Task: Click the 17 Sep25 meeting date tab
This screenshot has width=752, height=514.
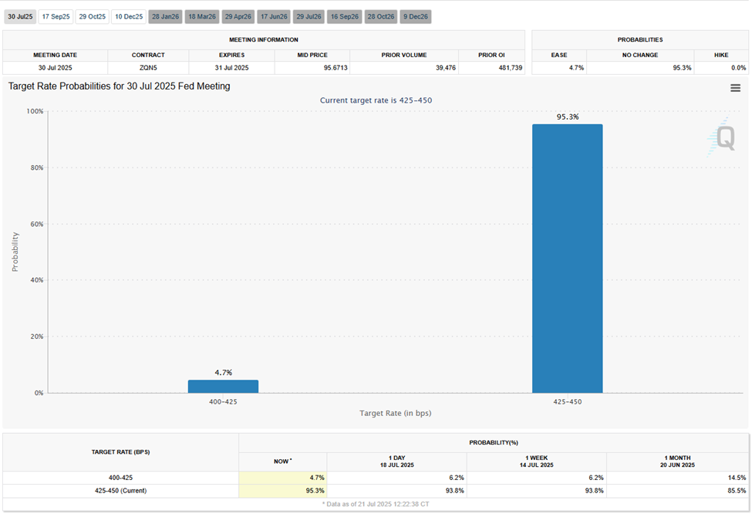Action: point(56,16)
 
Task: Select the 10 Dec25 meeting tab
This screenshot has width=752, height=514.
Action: point(128,16)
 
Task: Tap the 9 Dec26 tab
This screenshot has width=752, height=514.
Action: point(416,16)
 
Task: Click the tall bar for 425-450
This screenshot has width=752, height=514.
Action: point(567,259)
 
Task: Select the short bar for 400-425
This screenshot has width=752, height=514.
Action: point(223,386)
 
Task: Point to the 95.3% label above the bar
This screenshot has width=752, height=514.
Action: point(567,117)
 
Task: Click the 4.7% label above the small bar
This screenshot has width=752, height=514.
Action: point(223,372)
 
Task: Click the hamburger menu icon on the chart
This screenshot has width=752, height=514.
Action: point(735,88)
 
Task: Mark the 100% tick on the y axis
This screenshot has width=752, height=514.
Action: point(35,111)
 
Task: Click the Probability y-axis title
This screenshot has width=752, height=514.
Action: point(15,252)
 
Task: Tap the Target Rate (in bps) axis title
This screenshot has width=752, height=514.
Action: point(395,413)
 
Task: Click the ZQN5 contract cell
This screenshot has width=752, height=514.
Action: point(148,68)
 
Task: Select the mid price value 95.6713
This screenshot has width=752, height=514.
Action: point(312,68)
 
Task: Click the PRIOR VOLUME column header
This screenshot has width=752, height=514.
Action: point(403,56)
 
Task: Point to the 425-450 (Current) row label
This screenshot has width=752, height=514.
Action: point(120,490)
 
